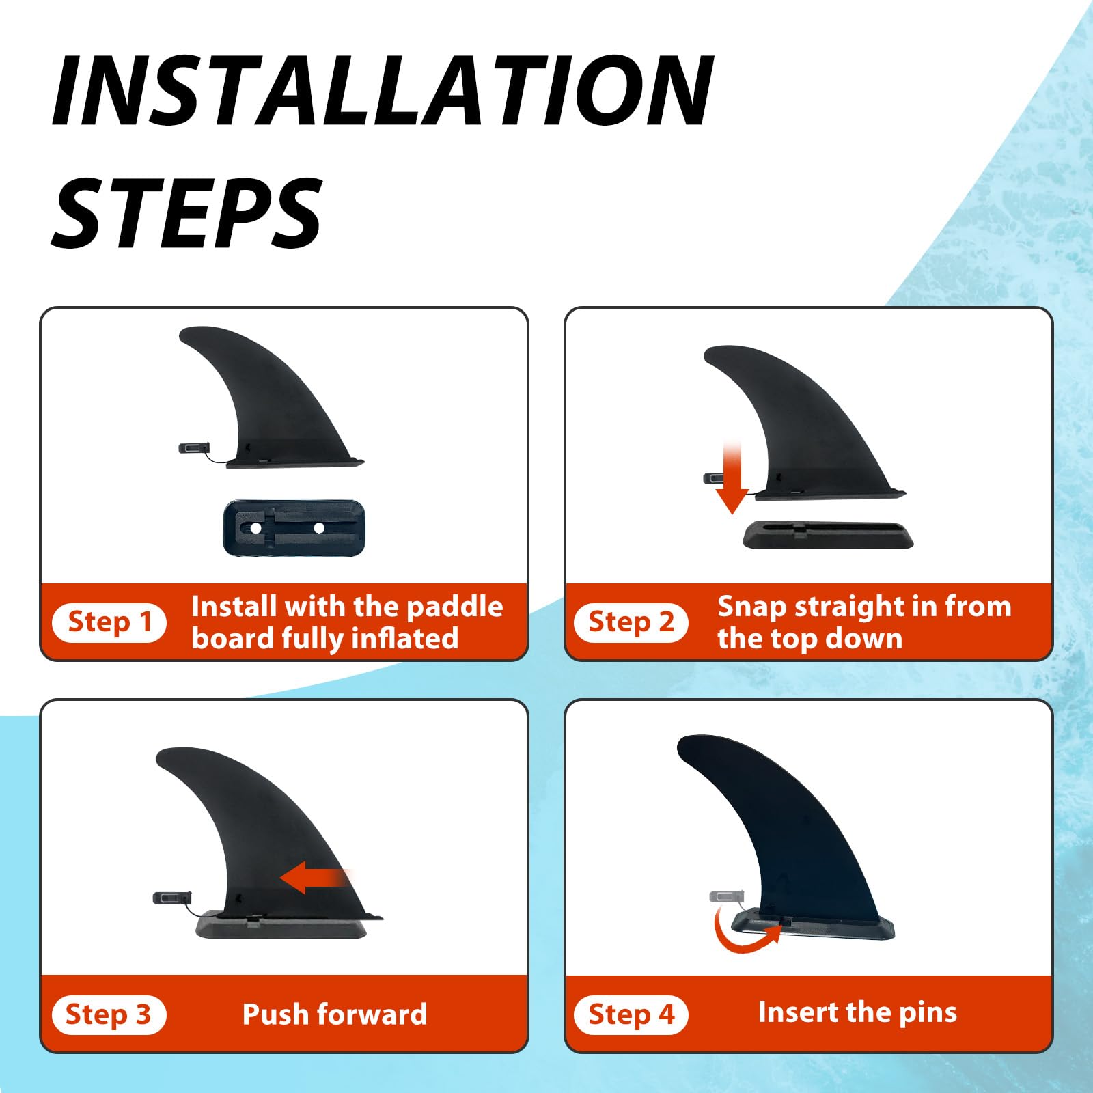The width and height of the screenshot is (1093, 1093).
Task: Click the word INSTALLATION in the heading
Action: point(383,91)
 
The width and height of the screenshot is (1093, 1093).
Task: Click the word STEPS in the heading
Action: point(186,212)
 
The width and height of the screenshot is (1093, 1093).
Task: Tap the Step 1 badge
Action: point(109,622)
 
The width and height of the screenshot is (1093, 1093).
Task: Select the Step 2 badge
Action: point(631,622)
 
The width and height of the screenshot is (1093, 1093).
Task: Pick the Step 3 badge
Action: point(109,1015)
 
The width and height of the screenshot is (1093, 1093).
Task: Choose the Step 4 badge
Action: point(631,1015)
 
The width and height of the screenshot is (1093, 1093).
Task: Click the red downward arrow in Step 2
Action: point(732,478)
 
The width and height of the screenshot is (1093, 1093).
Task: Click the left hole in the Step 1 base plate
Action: point(255,529)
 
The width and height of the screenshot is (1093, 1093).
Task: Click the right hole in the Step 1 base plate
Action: point(318,527)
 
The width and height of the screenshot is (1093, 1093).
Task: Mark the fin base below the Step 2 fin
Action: point(828,535)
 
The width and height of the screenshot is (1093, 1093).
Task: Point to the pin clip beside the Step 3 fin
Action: point(172,898)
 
